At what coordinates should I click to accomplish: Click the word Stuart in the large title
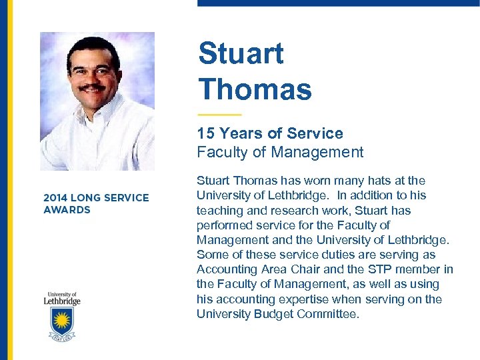(x=241, y=54)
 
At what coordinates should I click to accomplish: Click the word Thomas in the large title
(x=255, y=89)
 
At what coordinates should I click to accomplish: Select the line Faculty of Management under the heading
(x=280, y=152)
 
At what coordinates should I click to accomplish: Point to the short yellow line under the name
(x=219, y=115)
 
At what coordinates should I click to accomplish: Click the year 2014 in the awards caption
(x=55, y=198)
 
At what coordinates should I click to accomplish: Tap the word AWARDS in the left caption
(x=67, y=210)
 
